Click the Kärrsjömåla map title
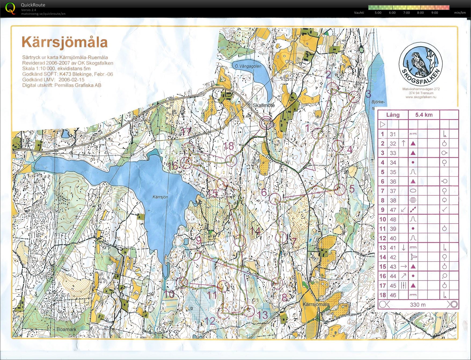(x=64, y=42)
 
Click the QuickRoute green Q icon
(x=10, y=8)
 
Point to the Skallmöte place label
(x=264, y=105)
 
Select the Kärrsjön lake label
(x=160, y=197)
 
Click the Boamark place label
(x=66, y=329)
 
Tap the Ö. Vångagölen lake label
(x=246, y=66)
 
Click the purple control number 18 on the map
(x=229, y=146)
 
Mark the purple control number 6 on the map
(x=264, y=192)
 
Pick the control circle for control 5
(x=340, y=190)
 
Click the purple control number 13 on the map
(x=263, y=315)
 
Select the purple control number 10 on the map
(x=169, y=294)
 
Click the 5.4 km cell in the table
(x=424, y=115)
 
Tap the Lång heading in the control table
(x=393, y=115)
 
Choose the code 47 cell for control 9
(x=393, y=210)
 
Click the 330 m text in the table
(x=418, y=304)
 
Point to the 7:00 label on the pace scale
(x=406, y=13)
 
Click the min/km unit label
(x=460, y=13)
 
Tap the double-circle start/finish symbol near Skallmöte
(x=266, y=123)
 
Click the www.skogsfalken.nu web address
(x=421, y=97)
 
